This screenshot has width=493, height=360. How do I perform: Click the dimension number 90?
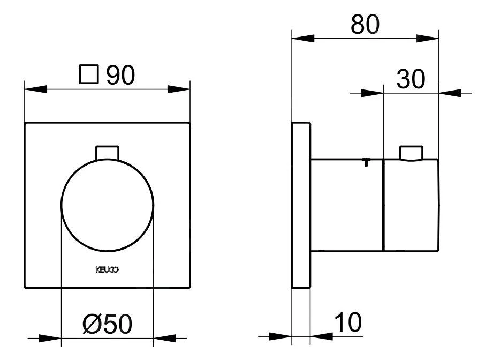coord(120,76)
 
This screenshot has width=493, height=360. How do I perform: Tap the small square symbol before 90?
coord(89,75)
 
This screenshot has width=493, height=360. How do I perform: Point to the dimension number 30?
coord(410,79)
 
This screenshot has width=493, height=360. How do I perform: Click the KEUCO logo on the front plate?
coord(108,269)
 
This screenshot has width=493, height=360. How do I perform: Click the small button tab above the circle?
coord(107,152)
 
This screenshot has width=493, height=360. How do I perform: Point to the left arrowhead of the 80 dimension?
coord(301,38)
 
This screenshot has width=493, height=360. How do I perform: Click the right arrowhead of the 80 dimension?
coord(428,38)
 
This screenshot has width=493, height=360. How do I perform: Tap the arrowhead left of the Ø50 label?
coord(51,338)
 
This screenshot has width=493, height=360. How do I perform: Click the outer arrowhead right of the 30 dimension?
coord(449,93)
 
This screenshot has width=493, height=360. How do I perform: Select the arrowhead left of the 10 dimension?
coord(281,337)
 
